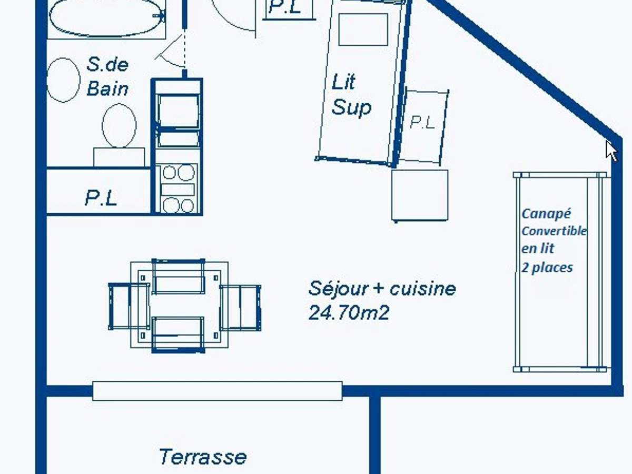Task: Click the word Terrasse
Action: click(x=203, y=457)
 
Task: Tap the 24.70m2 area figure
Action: click(x=349, y=312)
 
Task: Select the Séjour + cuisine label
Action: click(x=382, y=289)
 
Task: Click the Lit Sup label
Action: click(x=351, y=95)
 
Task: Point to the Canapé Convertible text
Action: click(x=554, y=222)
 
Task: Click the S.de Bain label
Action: click(x=107, y=76)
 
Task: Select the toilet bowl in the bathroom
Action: click(x=119, y=125)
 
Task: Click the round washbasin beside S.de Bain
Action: click(x=63, y=80)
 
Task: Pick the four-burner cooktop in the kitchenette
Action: click(x=177, y=189)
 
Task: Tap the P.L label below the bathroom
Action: click(x=101, y=199)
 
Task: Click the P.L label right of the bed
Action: click(x=422, y=123)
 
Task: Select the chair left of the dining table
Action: click(x=129, y=306)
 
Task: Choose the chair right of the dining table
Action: click(x=240, y=308)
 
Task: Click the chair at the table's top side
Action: click(x=179, y=276)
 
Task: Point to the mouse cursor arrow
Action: click(x=611, y=151)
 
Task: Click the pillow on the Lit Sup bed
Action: click(x=363, y=29)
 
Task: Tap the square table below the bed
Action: click(x=420, y=195)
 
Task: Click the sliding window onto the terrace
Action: click(x=218, y=391)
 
